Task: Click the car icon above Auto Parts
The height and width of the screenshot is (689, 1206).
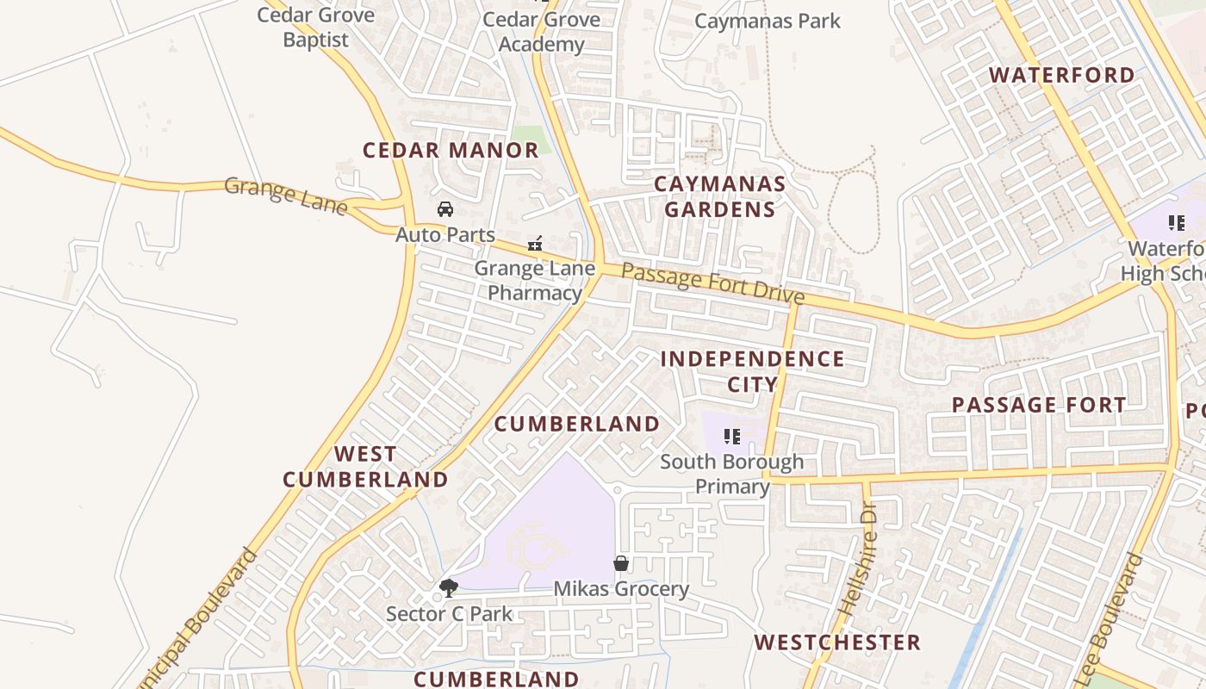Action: pos(445,209)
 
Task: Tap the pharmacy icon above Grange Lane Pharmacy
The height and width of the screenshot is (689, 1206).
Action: pos(535,245)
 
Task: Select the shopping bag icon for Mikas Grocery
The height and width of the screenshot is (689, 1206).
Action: pos(621,564)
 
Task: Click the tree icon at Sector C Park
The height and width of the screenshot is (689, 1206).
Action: pos(448,589)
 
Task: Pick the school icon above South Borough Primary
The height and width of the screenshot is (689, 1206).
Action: pos(732,437)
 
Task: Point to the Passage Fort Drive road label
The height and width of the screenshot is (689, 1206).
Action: pos(712,284)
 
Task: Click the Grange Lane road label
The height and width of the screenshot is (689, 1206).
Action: pos(286,196)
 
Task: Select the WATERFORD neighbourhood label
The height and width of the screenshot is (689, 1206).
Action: pos(1062,75)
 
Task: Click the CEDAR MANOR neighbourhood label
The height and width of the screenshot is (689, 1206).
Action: pos(451,151)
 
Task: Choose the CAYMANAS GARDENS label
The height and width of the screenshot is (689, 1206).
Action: pos(720,196)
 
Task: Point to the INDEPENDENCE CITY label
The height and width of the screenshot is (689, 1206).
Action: pos(753,371)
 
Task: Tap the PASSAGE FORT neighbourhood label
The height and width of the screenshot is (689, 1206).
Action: pos(1039,405)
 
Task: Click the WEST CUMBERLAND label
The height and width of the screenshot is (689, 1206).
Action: pos(366,466)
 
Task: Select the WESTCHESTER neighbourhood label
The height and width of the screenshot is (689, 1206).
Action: pos(837,642)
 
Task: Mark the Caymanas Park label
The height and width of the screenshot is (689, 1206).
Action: pos(768,22)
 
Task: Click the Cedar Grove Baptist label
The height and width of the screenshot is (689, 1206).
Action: pos(316,27)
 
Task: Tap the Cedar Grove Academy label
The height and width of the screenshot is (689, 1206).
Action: pos(541,31)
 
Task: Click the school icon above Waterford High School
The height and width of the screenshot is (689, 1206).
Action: pos(1177,224)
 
